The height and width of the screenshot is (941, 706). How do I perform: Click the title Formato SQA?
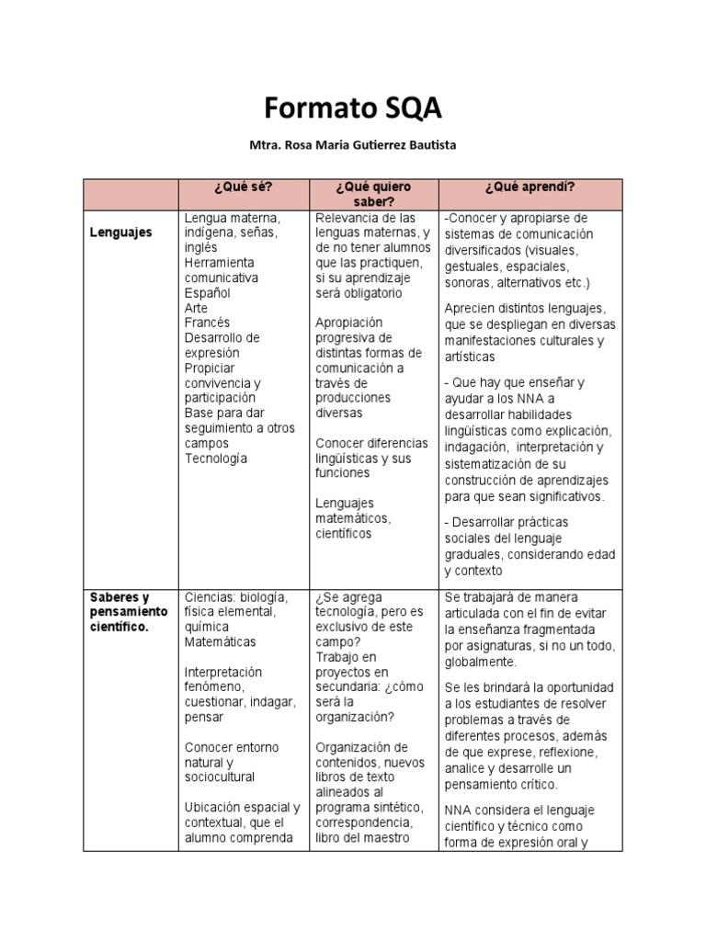click(x=353, y=108)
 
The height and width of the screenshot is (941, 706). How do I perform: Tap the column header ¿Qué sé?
click(x=243, y=187)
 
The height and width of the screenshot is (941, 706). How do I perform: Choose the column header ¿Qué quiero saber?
click(x=372, y=194)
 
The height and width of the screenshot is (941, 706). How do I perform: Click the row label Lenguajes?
click(x=120, y=233)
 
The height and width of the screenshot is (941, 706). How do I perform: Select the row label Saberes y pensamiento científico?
click(x=129, y=611)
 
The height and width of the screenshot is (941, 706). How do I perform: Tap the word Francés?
click(x=207, y=323)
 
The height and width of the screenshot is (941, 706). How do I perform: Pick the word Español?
click(x=207, y=293)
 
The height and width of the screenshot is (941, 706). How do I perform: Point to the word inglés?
click(x=200, y=248)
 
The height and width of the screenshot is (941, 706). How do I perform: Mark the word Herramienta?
click(x=220, y=263)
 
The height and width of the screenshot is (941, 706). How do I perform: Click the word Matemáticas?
click(x=221, y=641)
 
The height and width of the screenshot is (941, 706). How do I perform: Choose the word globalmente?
click(x=480, y=662)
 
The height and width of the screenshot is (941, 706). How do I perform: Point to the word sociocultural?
click(x=220, y=777)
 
